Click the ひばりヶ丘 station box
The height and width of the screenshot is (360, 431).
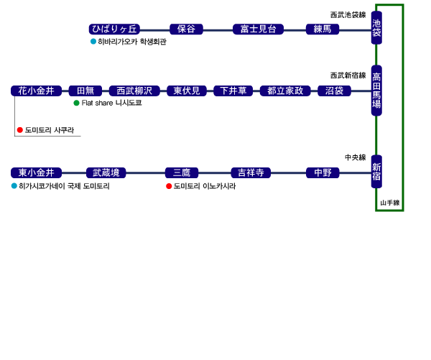tap(114, 29)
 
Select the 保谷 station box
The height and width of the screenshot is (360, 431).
tap(187, 29)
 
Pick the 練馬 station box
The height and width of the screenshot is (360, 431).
tap(323, 29)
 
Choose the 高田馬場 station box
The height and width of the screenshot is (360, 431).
tap(376, 90)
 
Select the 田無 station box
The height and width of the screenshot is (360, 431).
tap(85, 91)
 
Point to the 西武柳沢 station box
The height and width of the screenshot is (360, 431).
tap(134, 91)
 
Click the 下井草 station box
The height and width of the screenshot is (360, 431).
tap(233, 91)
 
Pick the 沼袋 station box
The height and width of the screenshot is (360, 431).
tap(334, 91)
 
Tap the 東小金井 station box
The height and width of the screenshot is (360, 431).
tap(37, 172)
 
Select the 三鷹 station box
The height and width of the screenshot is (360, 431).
tap(182, 172)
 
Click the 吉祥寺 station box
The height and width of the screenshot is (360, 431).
tap(251, 172)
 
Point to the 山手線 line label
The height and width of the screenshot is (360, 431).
tap(390, 203)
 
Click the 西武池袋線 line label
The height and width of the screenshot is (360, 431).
tap(348, 14)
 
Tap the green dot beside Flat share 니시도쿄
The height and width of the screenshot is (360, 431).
tap(77, 103)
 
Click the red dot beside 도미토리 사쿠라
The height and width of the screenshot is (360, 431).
tap(20, 130)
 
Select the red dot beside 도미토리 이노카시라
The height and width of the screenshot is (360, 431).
tap(169, 186)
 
